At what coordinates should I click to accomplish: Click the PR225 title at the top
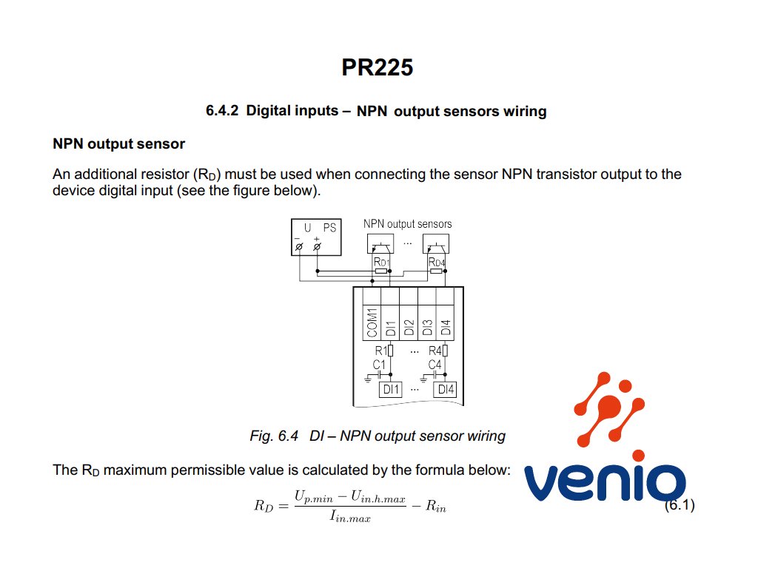377,67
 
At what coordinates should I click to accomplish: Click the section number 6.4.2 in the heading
222,111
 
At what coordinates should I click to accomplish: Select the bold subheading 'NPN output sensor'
118,143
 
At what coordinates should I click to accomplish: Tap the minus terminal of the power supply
299,246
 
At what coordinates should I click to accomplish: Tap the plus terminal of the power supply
317,246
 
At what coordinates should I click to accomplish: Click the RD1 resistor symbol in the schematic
381,271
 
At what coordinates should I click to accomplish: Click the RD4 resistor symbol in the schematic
436,271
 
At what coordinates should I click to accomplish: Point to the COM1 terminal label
372,323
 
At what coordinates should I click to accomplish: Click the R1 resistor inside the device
390,351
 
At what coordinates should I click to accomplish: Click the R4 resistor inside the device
444,351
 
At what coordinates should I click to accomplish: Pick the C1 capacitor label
379,365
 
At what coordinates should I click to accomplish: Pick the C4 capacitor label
435,365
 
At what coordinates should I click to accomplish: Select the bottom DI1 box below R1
390,389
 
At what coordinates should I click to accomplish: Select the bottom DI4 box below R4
446,389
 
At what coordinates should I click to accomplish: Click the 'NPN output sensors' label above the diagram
407,223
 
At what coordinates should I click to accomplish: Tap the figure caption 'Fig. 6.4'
274,436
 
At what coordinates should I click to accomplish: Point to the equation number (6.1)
679,506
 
